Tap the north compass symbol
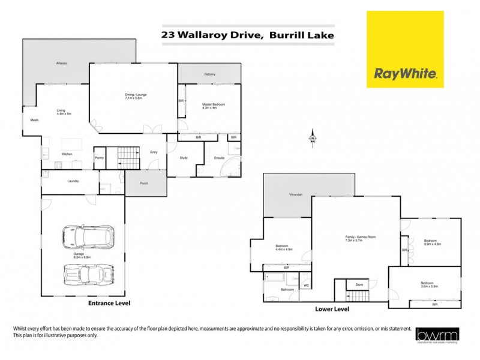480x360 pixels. click(312, 139)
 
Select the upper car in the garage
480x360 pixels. click(86, 238)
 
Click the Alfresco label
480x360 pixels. click(61, 63)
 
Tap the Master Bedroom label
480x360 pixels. click(213, 104)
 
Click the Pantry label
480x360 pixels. click(100, 158)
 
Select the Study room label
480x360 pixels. click(184, 158)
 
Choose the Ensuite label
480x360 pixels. click(219, 158)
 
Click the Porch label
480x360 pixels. click(144, 183)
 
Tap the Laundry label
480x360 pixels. click(73, 180)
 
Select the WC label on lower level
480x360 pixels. click(306, 286)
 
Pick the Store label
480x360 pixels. click(359, 284)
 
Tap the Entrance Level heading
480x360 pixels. click(110, 304)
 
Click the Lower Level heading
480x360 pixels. click(332, 310)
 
